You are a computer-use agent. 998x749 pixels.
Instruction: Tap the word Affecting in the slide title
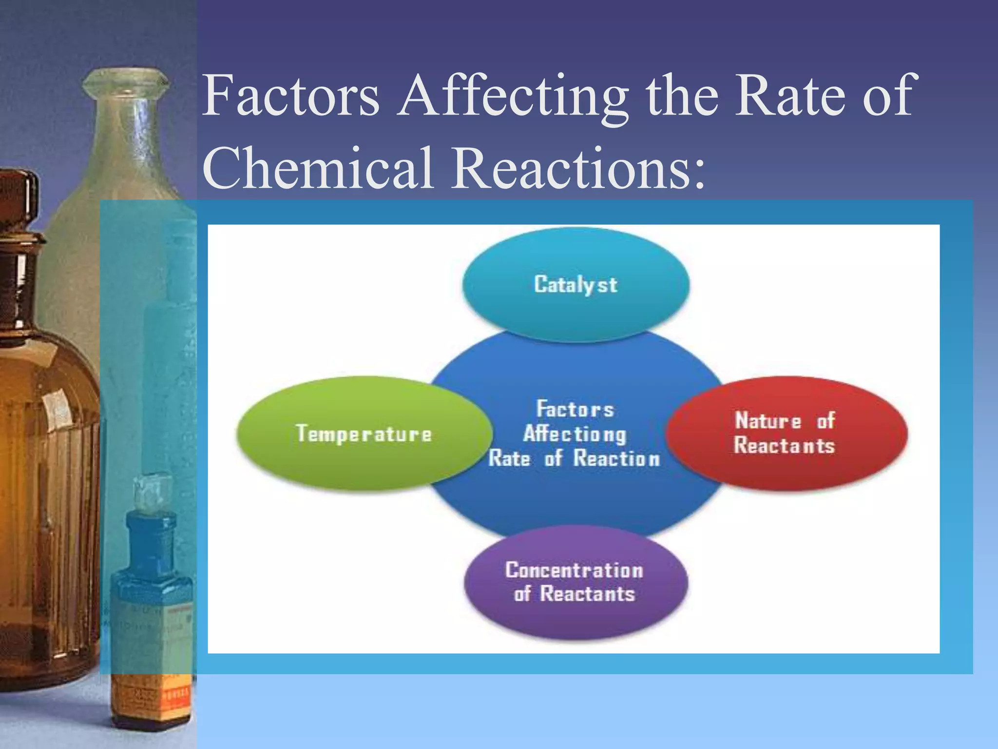[x=513, y=98]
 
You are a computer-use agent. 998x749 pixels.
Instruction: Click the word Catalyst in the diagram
[x=576, y=285]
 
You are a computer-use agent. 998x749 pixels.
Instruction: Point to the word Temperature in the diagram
[x=364, y=434]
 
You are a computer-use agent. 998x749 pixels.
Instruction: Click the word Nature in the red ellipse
[x=768, y=421]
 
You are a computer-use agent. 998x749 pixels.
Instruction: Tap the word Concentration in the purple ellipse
[x=574, y=570]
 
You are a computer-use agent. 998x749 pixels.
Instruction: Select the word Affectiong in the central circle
[x=575, y=434]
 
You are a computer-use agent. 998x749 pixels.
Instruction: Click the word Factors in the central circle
[x=575, y=409]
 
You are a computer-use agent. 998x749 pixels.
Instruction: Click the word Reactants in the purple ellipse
[x=588, y=594]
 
